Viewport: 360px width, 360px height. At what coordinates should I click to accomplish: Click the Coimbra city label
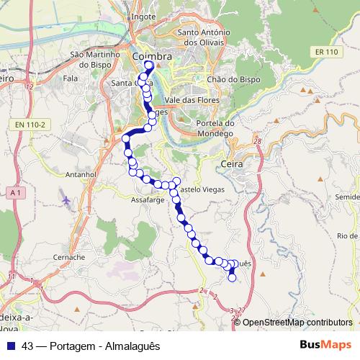pyautogui.click(x=151, y=56)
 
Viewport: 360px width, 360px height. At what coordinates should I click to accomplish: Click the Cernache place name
pyautogui.click(x=70, y=256)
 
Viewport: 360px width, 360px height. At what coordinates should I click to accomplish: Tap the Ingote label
pyautogui.click(x=144, y=15)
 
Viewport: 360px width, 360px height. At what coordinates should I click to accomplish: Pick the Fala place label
pyautogui.click(x=71, y=78)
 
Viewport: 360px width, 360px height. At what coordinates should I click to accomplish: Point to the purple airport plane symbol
pyautogui.click(x=67, y=199)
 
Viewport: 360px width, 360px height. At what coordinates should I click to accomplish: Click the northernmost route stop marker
pyautogui.click(x=149, y=66)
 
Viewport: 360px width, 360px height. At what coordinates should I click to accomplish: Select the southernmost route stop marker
pyautogui.click(x=232, y=277)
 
